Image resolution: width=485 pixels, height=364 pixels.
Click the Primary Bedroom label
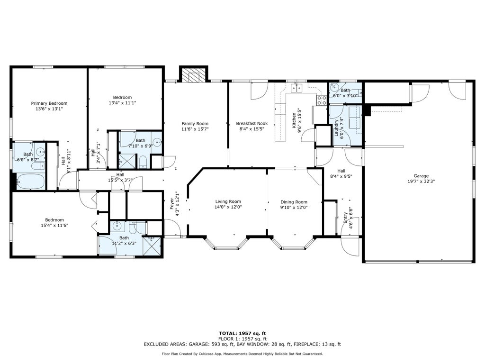click(x=49, y=103)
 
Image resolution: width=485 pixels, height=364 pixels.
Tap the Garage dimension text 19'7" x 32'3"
click(x=421, y=182)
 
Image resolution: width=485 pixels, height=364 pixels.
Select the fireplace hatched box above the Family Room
click(x=194, y=75)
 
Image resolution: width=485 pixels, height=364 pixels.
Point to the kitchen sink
click(x=296, y=88)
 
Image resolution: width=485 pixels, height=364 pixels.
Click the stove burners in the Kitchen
click(x=322, y=100)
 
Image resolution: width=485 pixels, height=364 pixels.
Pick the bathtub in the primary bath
click(x=30, y=181)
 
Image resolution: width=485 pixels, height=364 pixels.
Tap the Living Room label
click(x=228, y=201)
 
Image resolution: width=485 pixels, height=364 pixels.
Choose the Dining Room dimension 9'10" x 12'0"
click(x=294, y=208)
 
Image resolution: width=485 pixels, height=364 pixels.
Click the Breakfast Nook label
click(x=252, y=124)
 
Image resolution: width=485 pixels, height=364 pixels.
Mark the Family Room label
click(x=195, y=124)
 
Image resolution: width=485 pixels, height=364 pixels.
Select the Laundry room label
click(x=336, y=128)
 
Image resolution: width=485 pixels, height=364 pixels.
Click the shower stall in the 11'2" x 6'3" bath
click(x=152, y=246)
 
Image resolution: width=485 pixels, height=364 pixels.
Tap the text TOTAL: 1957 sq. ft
click(x=242, y=333)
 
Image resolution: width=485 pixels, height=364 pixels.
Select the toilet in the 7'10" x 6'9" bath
click(x=143, y=162)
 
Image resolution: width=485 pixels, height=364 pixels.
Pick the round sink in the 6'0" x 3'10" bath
click(x=334, y=87)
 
